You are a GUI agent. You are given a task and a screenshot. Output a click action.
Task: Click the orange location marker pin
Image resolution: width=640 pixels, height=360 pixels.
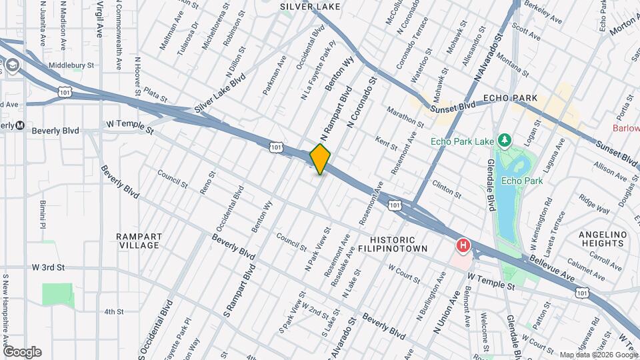(x=321, y=159)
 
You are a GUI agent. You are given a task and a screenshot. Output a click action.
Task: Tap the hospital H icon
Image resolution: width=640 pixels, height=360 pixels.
(x=462, y=247)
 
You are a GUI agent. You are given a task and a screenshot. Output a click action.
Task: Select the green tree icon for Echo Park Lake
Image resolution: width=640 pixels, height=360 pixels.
(x=505, y=139)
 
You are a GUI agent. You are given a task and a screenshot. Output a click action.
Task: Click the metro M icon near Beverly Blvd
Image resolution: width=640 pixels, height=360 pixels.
(x=20, y=125)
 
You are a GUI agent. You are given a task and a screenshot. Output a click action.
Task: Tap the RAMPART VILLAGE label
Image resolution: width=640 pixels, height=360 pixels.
(x=137, y=241)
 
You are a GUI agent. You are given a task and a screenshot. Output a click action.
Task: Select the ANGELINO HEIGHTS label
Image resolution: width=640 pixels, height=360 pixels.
(x=603, y=241)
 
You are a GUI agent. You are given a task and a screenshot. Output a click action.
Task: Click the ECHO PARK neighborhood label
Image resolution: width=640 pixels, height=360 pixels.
(x=515, y=98)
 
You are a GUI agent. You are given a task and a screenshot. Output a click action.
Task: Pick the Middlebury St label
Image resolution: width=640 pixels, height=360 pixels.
(x=71, y=66)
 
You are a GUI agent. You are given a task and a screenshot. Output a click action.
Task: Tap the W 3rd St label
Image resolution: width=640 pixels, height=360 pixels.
(x=48, y=267)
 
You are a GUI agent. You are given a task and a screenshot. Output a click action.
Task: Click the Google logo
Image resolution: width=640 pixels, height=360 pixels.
(x=22, y=352)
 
